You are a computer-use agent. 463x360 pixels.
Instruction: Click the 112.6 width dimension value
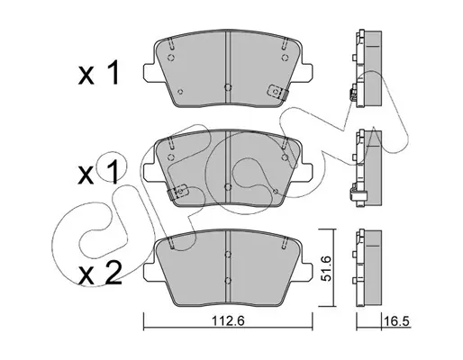click(x=229, y=321)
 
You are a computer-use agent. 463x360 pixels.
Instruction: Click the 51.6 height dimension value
click(x=326, y=268)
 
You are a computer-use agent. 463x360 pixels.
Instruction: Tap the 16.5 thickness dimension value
click(x=396, y=321)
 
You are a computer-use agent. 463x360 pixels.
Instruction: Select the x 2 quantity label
click(x=100, y=274)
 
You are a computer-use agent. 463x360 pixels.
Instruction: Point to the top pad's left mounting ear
click(x=150, y=72)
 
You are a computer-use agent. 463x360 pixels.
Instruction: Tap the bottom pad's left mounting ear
click(x=150, y=272)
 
